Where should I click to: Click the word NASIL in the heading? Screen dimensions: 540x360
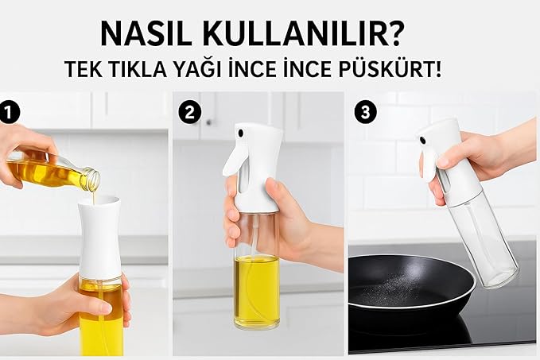click(x=146, y=33)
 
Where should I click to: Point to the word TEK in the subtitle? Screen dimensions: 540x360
click(x=84, y=69)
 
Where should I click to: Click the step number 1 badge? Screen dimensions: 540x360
click(x=9, y=113)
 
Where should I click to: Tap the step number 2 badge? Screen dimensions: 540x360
click(x=190, y=113)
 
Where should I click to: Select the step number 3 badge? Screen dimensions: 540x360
click(x=365, y=113)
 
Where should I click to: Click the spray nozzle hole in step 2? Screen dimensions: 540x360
click(x=240, y=132)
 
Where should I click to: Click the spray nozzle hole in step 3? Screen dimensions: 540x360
click(x=422, y=140)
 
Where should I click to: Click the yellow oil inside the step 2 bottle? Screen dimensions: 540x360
click(x=257, y=291)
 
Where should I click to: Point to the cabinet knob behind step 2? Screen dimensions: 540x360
click(x=208, y=122)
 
